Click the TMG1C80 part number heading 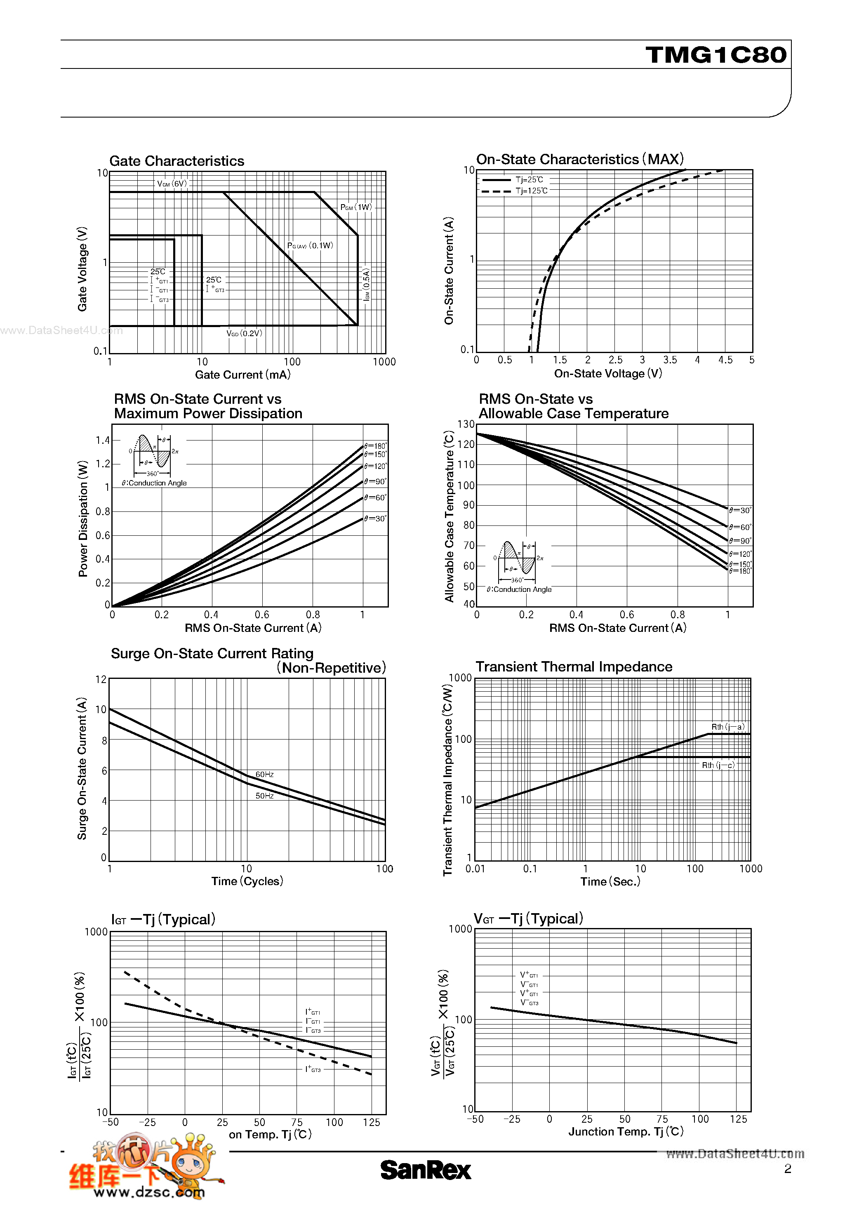(x=715, y=54)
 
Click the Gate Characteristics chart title (x=177, y=161)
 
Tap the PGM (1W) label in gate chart (x=355, y=207)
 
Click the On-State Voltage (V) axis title (x=608, y=373)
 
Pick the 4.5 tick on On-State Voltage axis (x=725, y=360)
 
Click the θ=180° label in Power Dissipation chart (x=375, y=446)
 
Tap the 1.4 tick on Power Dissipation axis (x=102, y=440)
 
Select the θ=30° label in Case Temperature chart (x=739, y=510)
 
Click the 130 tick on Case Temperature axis (x=466, y=424)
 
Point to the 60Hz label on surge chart (x=264, y=774)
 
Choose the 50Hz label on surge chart (x=264, y=796)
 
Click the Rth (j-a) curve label (x=727, y=727)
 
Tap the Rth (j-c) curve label (x=718, y=766)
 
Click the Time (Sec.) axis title (x=610, y=882)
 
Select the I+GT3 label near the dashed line (x=313, y=1069)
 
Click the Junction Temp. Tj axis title (x=626, y=1131)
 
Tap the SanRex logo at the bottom (x=426, y=1170)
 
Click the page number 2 (x=787, y=1169)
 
